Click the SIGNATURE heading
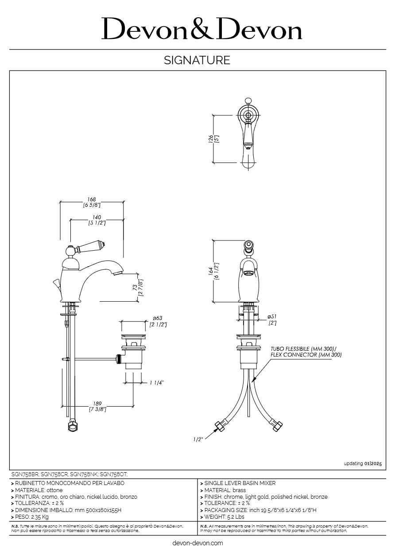[x=197, y=60]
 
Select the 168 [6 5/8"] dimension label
[x=92, y=202]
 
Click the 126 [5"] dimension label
[x=213, y=139]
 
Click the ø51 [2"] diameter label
[x=272, y=319]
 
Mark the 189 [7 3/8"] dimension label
[x=97, y=406]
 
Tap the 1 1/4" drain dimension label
[x=156, y=383]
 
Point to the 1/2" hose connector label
[x=198, y=439]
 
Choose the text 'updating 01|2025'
[x=362, y=463]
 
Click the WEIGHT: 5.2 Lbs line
[x=224, y=516]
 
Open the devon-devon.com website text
[x=197, y=543]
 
